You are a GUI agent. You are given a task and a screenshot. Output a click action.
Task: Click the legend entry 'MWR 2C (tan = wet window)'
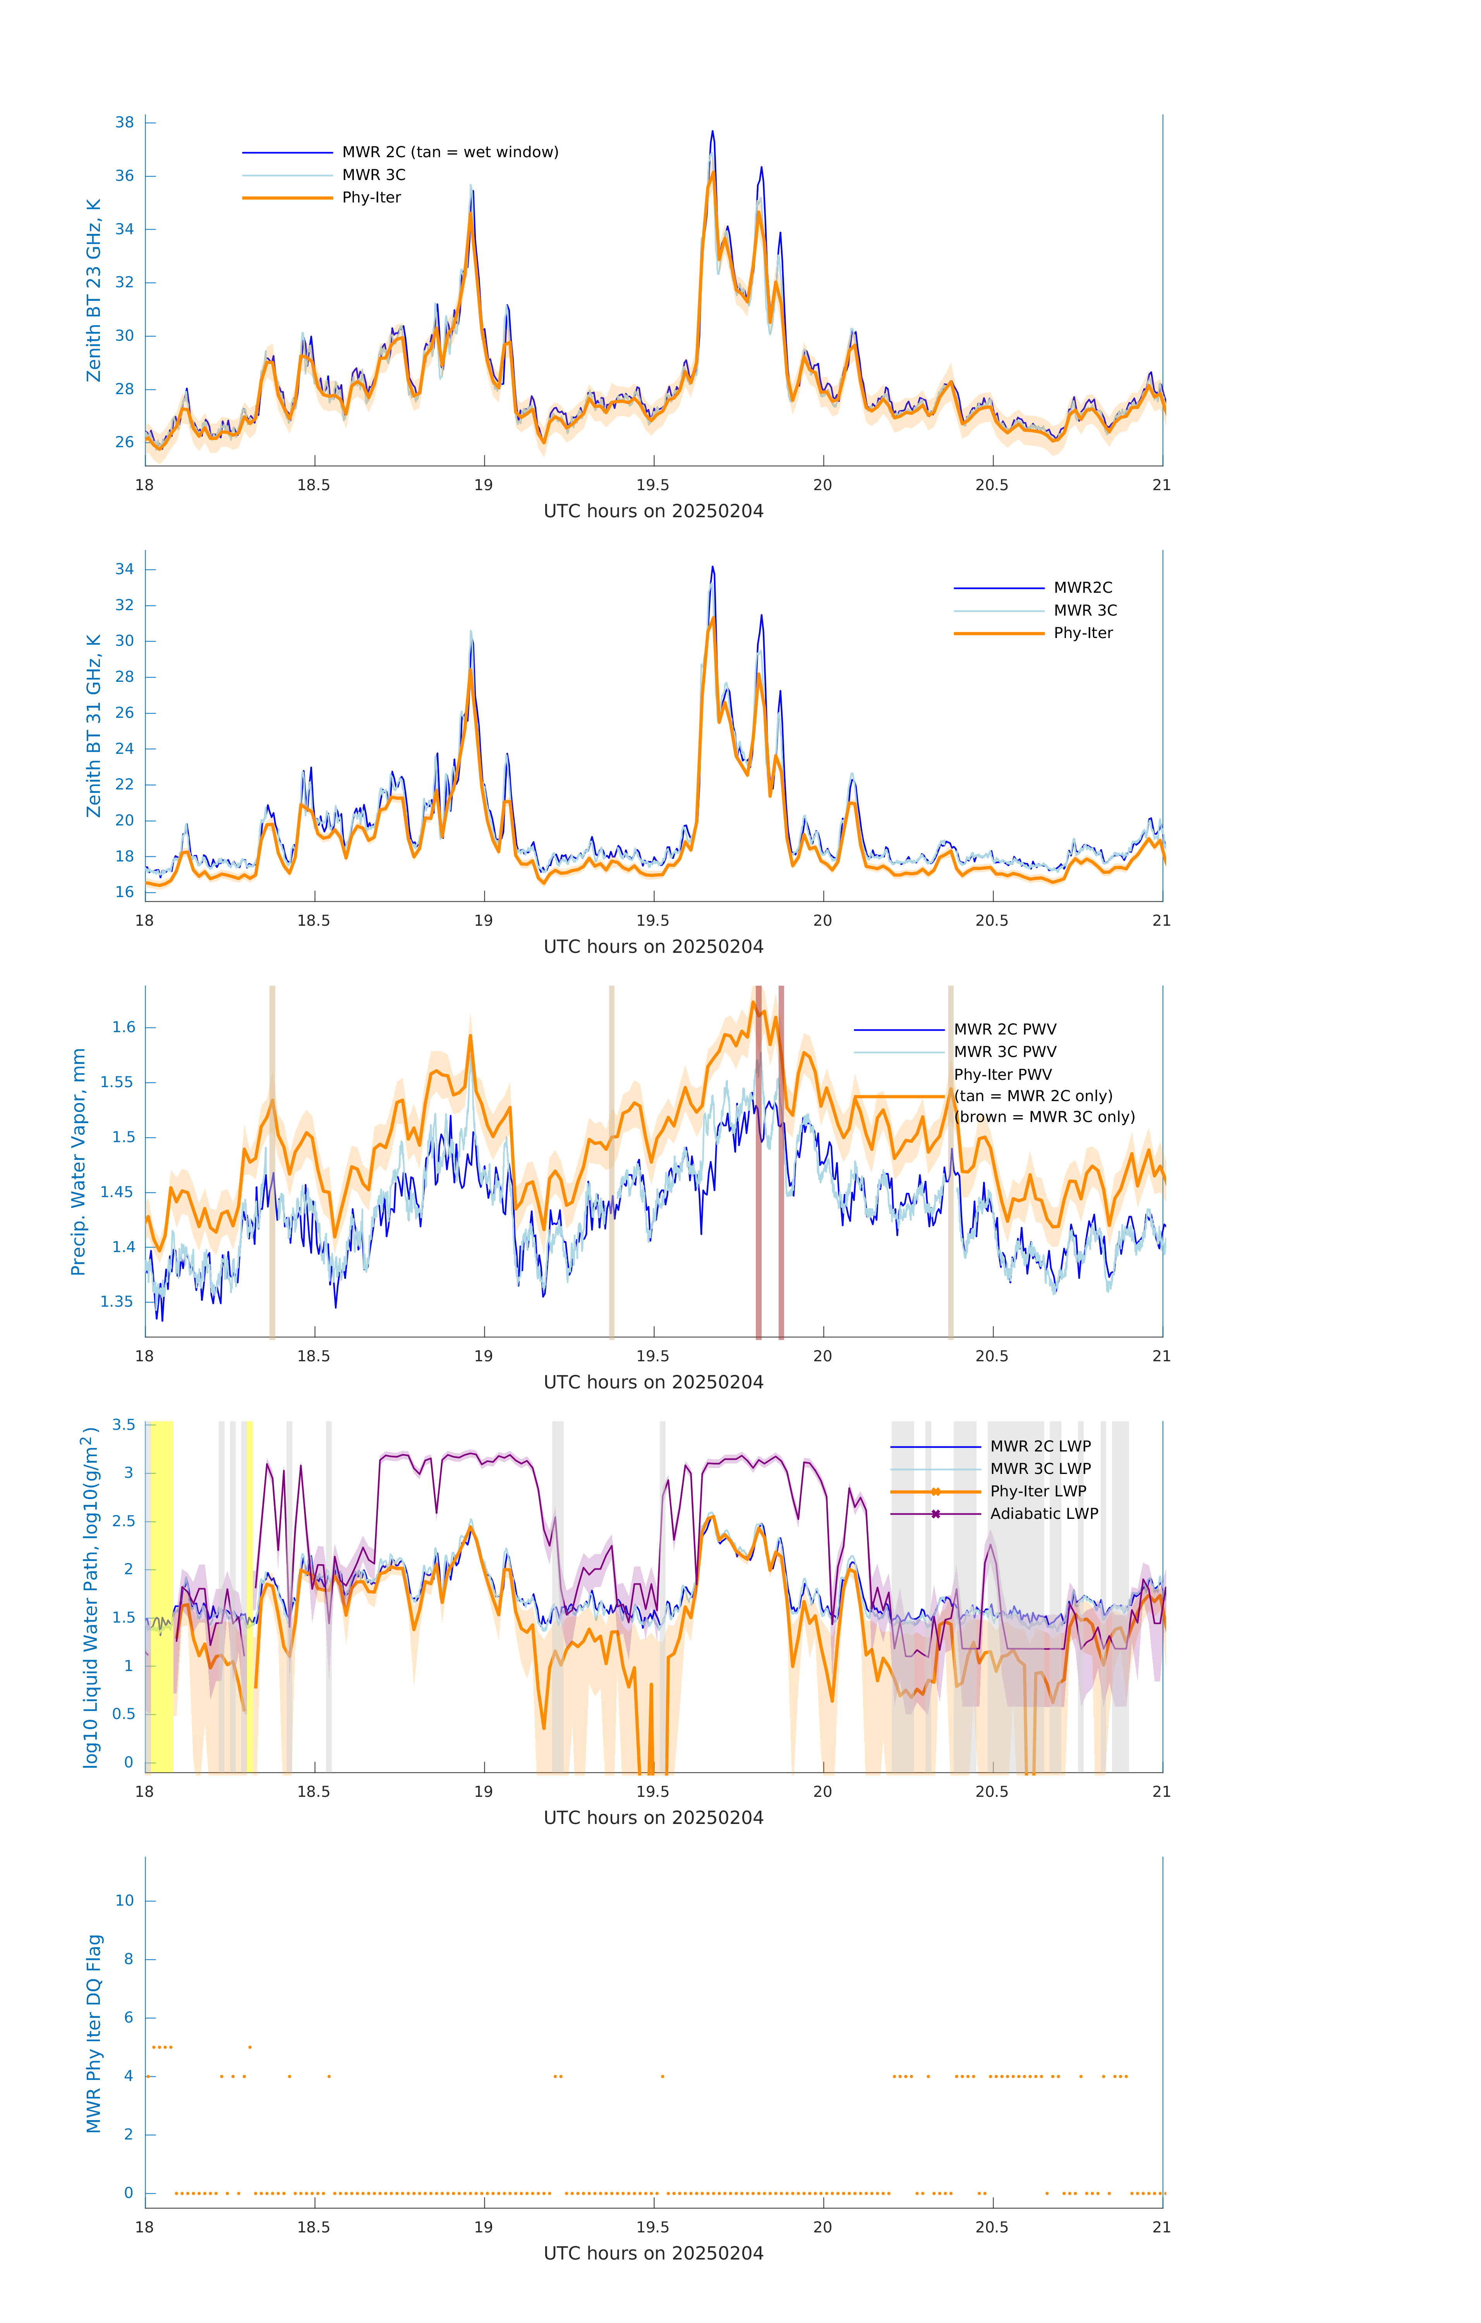pos(450,153)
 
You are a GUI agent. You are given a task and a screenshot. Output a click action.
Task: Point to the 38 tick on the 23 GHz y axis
pos(124,122)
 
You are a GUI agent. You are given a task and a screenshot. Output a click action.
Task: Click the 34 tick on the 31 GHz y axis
pos(124,569)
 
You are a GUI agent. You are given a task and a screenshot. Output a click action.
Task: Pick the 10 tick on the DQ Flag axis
pos(124,1901)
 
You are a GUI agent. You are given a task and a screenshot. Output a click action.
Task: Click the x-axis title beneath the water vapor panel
pos(653,1383)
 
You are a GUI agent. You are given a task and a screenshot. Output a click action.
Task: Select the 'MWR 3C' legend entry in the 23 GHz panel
pos(373,175)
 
